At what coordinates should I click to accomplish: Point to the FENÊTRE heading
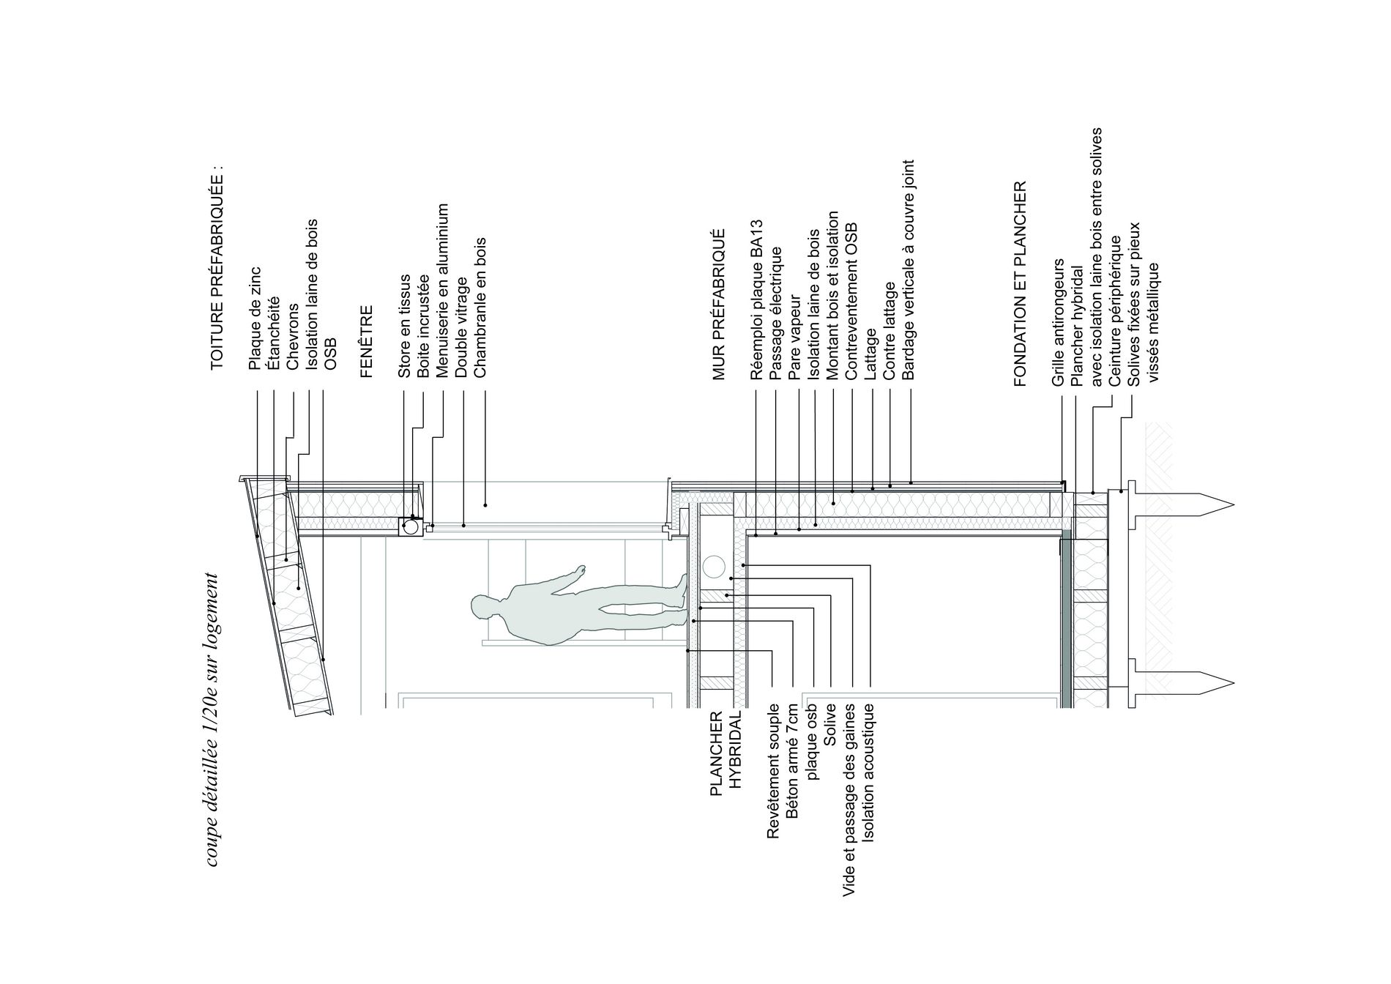click(367, 341)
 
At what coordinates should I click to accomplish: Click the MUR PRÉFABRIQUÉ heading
click(719, 303)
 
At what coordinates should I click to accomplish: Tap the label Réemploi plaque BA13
click(757, 299)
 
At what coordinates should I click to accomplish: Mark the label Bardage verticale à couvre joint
click(909, 269)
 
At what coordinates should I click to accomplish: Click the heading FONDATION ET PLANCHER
click(1021, 283)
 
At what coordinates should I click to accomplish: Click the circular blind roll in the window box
click(411, 526)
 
